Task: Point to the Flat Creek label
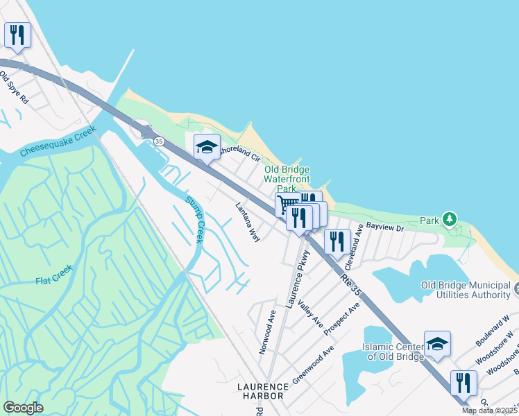click(53, 281)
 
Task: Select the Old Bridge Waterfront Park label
click(286, 179)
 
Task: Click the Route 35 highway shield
click(160, 141)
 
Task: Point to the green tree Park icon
click(450, 220)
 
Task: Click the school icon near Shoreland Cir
click(206, 146)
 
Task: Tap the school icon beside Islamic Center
click(437, 343)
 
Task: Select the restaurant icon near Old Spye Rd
click(17, 34)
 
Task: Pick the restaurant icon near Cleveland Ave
click(337, 241)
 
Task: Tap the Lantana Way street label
click(248, 222)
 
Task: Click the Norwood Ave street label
click(268, 332)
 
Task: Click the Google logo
click(24, 408)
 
